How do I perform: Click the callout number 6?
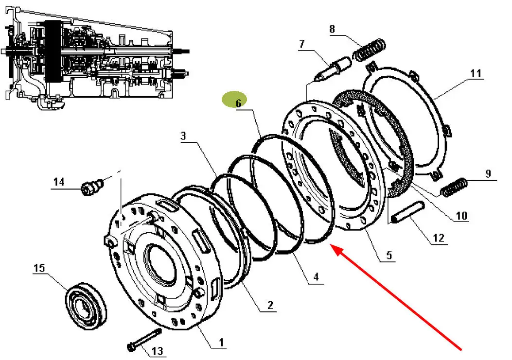click(238, 103)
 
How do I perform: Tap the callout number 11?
click(476, 73)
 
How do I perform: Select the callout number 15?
click(39, 268)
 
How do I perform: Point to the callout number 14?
click(59, 182)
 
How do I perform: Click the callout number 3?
click(183, 136)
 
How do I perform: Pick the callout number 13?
click(158, 351)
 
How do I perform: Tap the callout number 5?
click(389, 255)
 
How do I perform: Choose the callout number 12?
click(439, 238)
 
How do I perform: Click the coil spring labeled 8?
click(371, 50)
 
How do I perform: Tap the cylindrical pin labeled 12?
click(408, 212)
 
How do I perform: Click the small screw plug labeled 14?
click(92, 188)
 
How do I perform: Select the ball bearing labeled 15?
click(86, 305)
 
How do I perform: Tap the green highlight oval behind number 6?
click(234, 100)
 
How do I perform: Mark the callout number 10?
click(461, 215)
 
